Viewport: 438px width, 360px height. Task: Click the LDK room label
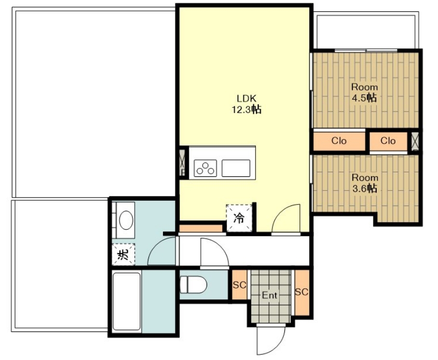247,99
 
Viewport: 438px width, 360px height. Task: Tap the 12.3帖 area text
247,109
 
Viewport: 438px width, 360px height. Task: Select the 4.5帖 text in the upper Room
364,98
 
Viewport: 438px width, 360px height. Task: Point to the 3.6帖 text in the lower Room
364,188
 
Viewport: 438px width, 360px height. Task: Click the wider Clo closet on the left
339,141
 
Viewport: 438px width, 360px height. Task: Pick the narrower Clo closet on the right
388,141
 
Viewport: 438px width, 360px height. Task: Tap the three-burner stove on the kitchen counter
206,168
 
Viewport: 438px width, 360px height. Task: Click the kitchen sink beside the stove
236,168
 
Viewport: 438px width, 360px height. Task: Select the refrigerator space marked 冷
239,218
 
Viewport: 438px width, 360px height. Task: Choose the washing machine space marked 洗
123,254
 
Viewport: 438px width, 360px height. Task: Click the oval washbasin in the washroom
126,220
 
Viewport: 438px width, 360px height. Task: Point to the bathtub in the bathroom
127,301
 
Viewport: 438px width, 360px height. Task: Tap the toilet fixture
193,285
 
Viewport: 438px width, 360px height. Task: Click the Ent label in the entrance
269,295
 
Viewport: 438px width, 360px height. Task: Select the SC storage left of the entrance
239,285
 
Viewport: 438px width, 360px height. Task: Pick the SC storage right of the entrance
302,293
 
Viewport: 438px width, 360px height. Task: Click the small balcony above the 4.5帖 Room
366,31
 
